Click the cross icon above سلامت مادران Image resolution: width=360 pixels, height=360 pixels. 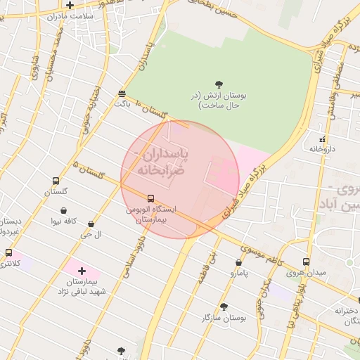(x=70, y=5)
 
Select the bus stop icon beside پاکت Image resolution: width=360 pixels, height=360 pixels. (x=122, y=93)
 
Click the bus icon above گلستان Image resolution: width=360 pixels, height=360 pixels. (x=56, y=181)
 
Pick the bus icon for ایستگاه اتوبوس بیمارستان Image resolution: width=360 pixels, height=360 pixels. (x=150, y=199)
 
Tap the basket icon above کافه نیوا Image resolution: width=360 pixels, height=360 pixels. (x=64, y=210)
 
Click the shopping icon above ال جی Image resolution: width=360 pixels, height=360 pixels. (x=91, y=224)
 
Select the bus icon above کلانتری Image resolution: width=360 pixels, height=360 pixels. (x=8, y=252)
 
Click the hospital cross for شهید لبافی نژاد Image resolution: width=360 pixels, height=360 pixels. (x=82, y=271)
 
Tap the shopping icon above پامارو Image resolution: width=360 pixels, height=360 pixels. (x=238, y=262)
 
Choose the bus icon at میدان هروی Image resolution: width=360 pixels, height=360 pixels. (x=306, y=262)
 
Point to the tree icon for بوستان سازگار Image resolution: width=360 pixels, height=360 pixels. (x=224, y=307)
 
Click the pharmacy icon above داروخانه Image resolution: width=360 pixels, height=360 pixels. (x=323, y=139)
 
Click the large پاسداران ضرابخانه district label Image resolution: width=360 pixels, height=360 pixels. (x=161, y=161)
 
